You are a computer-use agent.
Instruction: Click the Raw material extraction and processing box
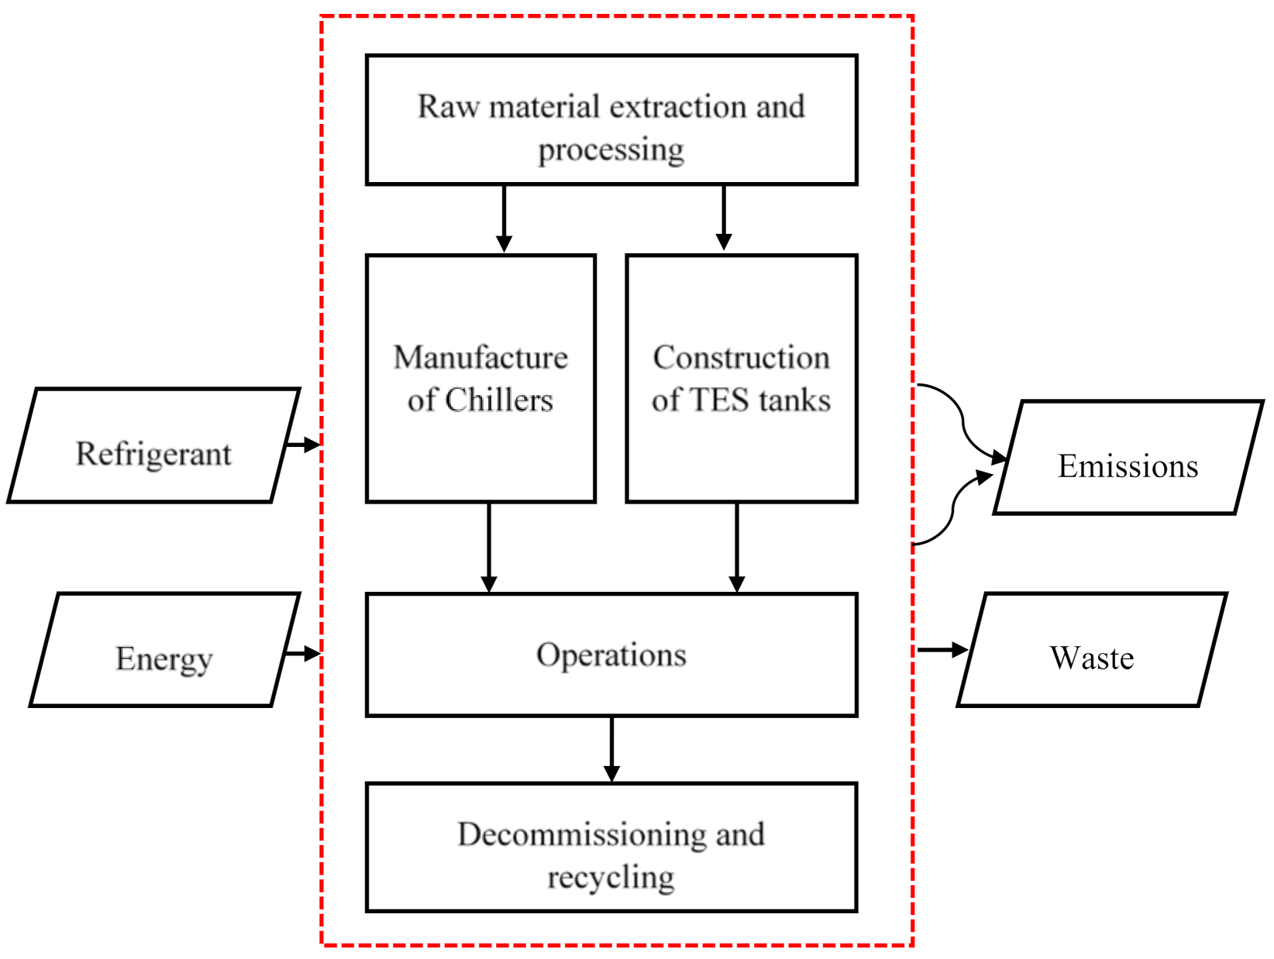pyautogui.click(x=611, y=120)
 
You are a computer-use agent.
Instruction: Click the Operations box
pyautogui.click(x=611, y=655)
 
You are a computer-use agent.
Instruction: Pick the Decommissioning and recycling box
pyautogui.click(x=611, y=847)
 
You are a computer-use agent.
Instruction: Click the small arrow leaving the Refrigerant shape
pyautogui.click(x=303, y=445)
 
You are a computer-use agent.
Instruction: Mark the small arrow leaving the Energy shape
pyautogui.click(x=303, y=653)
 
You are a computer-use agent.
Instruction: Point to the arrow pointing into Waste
pyautogui.click(x=942, y=649)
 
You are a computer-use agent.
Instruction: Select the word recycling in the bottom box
pyautogui.click(x=611, y=878)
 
